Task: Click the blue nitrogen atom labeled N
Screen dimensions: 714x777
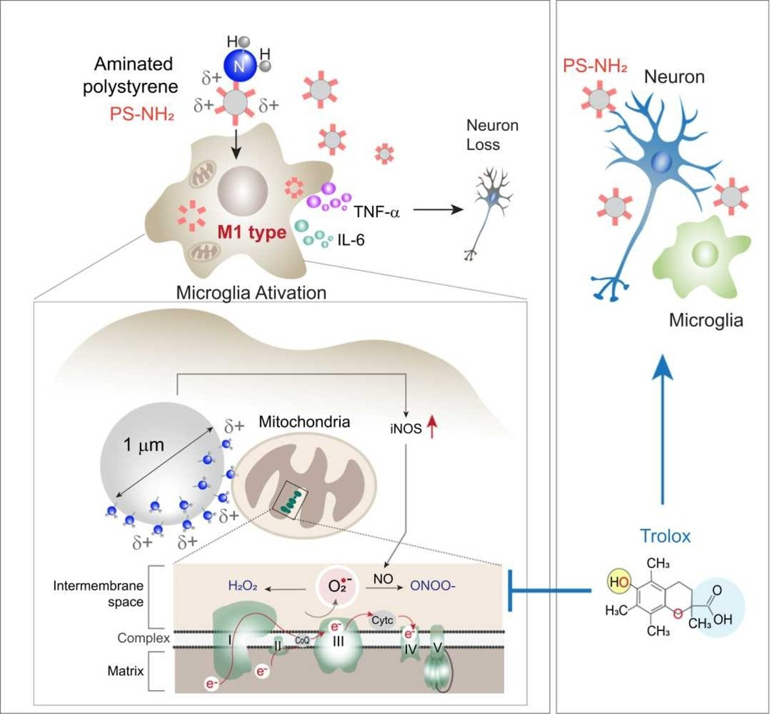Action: pyautogui.click(x=239, y=65)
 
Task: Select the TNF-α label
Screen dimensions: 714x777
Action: pyautogui.click(x=377, y=212)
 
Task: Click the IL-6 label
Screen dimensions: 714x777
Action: pyautogui.click(x=350, y=241)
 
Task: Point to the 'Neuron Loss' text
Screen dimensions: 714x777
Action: pyautogui.click(x=492, y=134)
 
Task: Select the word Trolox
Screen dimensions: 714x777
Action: pyautogui.click(x=666, y=536)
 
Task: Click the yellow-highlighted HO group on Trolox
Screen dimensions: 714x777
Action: pyautogui.click(x=618, y=581)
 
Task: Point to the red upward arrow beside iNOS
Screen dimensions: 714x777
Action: pyautogui.click(x=432, y=429)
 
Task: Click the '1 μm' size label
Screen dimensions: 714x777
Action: pyautogui.click(x=143, y=445)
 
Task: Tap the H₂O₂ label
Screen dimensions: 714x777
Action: pyautogui.click(x=243, y=585)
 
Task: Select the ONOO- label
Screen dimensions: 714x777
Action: pyautogui.click(x=433, y=585)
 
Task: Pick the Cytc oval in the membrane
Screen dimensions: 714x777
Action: pyautogui.click(x=382, y=620)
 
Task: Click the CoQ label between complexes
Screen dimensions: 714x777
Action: pyautogui.click(x=302, y=639)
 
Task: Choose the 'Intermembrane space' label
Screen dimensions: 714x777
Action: pyautogui.click(x=99, y=593)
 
